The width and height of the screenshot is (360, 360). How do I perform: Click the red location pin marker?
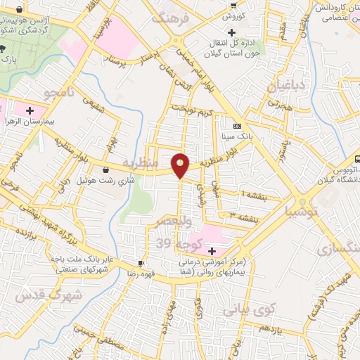tap(181, 165)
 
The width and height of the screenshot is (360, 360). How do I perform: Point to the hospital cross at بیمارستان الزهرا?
tap(30, 110)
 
